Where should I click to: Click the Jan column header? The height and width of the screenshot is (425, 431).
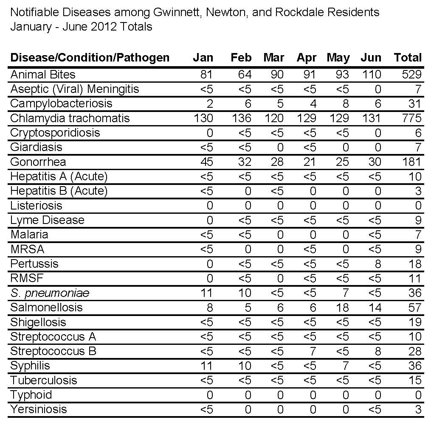click(x=203, y=58)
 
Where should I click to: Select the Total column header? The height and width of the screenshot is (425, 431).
click(x=408, y=58)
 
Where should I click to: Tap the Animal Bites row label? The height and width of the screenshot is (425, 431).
click(x=42, y=75)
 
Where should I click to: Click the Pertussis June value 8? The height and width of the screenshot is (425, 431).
click(x=378, y=264)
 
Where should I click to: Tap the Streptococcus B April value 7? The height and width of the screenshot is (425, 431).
click(x=313, y=351)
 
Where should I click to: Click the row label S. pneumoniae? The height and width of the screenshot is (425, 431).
click(x=50, y=293)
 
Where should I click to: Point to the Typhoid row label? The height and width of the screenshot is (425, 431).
click(x=31, y=395)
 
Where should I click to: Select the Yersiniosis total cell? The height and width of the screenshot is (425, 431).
click(x=418, y=409)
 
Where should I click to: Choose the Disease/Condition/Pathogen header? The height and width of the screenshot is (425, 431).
click(x=90, y=58)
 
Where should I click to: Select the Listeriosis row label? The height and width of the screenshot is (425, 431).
click(x=36, y=206)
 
